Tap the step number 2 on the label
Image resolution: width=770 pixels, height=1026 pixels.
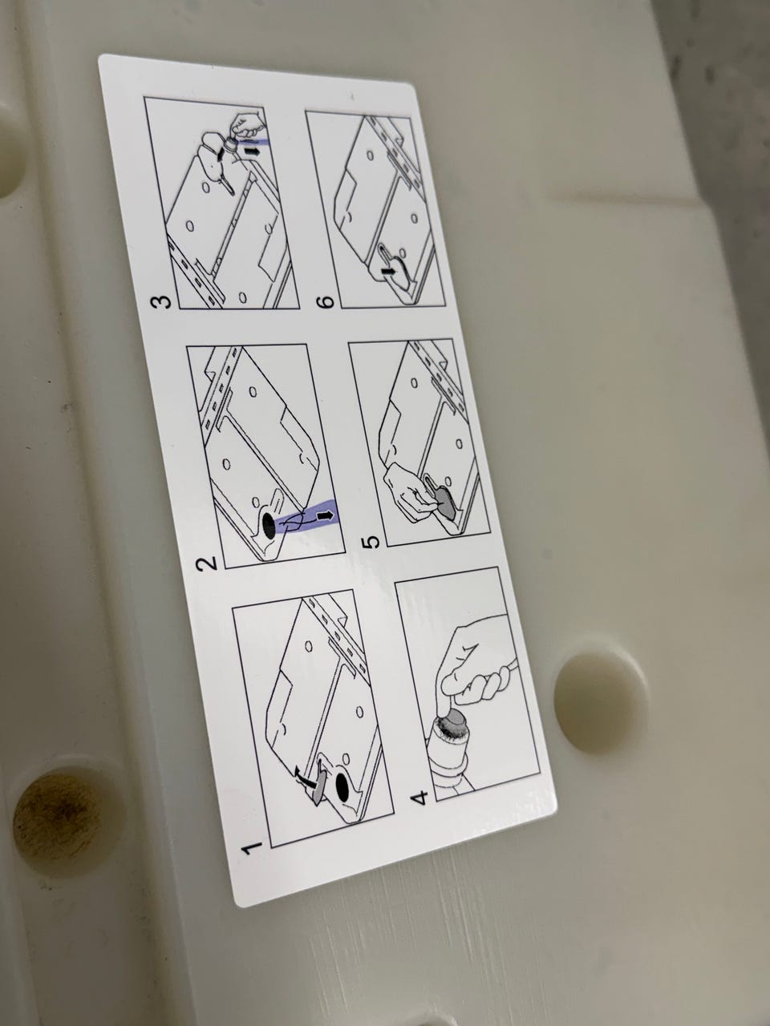206,563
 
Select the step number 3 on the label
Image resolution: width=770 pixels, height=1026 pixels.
160,301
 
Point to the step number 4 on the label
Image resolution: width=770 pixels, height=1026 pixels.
419,798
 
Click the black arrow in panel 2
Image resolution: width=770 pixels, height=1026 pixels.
326,515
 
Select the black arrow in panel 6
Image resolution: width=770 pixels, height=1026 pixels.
389,270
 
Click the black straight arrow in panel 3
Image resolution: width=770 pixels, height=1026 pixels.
252,151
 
